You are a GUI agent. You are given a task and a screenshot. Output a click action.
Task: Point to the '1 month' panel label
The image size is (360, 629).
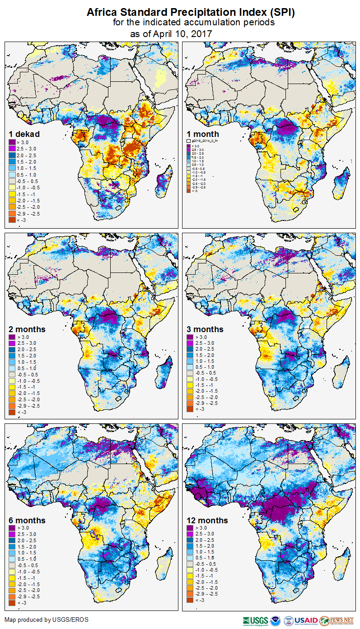click(203, 134)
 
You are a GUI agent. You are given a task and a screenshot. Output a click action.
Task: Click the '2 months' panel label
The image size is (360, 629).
click(28, 329)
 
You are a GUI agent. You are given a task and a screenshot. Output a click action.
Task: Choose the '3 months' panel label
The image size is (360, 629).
click(205, 329)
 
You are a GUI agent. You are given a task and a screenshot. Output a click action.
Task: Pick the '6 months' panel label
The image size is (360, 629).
click(28, 521)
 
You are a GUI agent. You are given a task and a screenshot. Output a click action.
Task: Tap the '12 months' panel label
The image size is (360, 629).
click(207, 521)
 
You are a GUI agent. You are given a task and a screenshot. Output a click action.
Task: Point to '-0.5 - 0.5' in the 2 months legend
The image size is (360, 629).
click(28, 375)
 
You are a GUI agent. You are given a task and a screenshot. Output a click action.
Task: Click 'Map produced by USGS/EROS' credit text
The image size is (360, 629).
click(47, 620)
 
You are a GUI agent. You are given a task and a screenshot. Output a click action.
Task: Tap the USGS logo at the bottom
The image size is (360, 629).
click(255, 620)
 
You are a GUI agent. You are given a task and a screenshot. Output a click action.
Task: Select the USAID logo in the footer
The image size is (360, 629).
click(306, 620)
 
